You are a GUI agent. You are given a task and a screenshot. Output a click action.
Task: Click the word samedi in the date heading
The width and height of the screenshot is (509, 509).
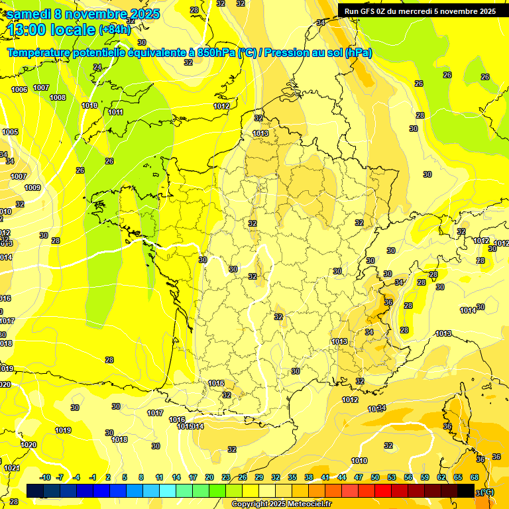[30, 14]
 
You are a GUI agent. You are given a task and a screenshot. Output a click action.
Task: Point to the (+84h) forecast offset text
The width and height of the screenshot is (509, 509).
[115, 30]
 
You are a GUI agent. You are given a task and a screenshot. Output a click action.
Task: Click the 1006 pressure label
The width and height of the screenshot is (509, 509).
[19, 89]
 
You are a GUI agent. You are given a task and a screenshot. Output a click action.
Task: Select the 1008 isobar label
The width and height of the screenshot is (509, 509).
[58, 97]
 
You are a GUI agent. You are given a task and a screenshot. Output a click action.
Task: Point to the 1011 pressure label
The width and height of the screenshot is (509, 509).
[115, 112]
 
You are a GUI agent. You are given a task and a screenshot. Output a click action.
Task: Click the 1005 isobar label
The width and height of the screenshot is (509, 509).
[10, 132]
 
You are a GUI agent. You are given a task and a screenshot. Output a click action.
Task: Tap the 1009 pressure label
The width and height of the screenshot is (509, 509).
[32, 188]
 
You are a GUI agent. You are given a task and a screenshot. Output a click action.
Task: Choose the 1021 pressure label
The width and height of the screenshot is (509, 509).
[12, 468]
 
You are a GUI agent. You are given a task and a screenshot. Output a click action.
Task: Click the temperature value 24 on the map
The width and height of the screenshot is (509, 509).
[97, 67]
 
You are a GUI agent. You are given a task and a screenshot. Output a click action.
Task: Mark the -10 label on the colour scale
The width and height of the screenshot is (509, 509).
[46, 477]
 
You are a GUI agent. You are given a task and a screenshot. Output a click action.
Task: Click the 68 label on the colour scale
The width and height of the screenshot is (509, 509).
[475, 477]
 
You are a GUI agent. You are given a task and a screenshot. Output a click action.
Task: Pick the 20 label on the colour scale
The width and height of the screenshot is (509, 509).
[209, 477]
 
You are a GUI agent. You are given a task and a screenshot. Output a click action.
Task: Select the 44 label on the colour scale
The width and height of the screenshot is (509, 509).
[342, 477]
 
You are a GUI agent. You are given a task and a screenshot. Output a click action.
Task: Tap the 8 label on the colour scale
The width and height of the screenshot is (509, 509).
[141, 477]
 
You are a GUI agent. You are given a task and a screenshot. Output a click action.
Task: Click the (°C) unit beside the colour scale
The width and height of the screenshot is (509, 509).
[487, 491]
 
